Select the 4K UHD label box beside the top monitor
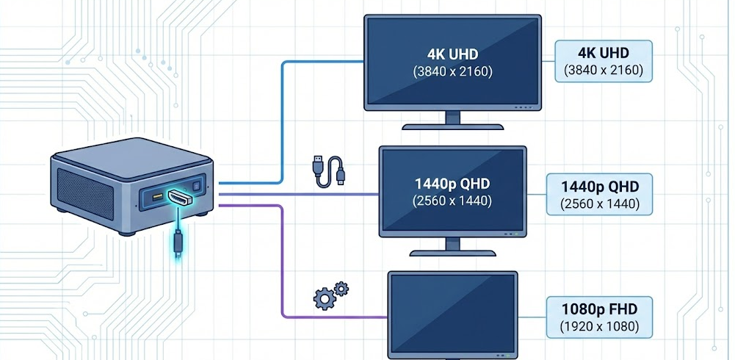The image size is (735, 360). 603,61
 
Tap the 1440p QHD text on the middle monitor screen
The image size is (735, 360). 452,183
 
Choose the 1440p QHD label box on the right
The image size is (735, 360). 599,194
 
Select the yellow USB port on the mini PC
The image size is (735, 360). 156,198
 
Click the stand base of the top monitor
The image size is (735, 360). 453,123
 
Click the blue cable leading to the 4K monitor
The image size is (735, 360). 283,118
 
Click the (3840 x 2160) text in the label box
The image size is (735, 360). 603,71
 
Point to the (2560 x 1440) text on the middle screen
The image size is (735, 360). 452,201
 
